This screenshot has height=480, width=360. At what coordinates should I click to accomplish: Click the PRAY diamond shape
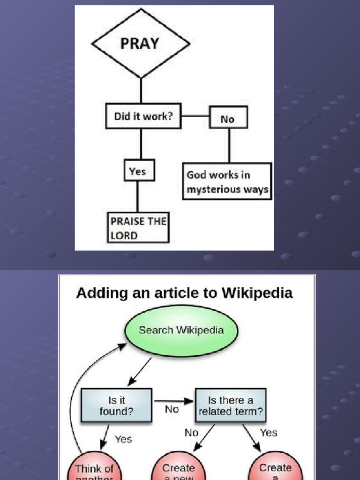(141, 44)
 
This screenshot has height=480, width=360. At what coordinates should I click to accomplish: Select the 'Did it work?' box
(143, 116)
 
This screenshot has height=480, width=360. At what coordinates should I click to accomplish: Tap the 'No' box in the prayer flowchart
(228, 119)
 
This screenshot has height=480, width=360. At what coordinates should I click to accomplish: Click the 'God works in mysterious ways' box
(227, 181)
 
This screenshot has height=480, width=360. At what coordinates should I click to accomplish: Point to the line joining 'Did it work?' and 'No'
(195, 115)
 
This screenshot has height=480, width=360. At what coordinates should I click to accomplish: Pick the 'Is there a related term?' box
(231, 406)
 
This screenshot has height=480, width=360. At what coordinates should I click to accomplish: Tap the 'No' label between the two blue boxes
(172, 410)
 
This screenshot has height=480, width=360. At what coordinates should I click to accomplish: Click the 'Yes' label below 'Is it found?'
(123, 439)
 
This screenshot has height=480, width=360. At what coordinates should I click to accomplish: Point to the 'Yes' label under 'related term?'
(268, 433)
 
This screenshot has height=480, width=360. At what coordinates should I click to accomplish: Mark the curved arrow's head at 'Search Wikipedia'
(123, 345)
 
